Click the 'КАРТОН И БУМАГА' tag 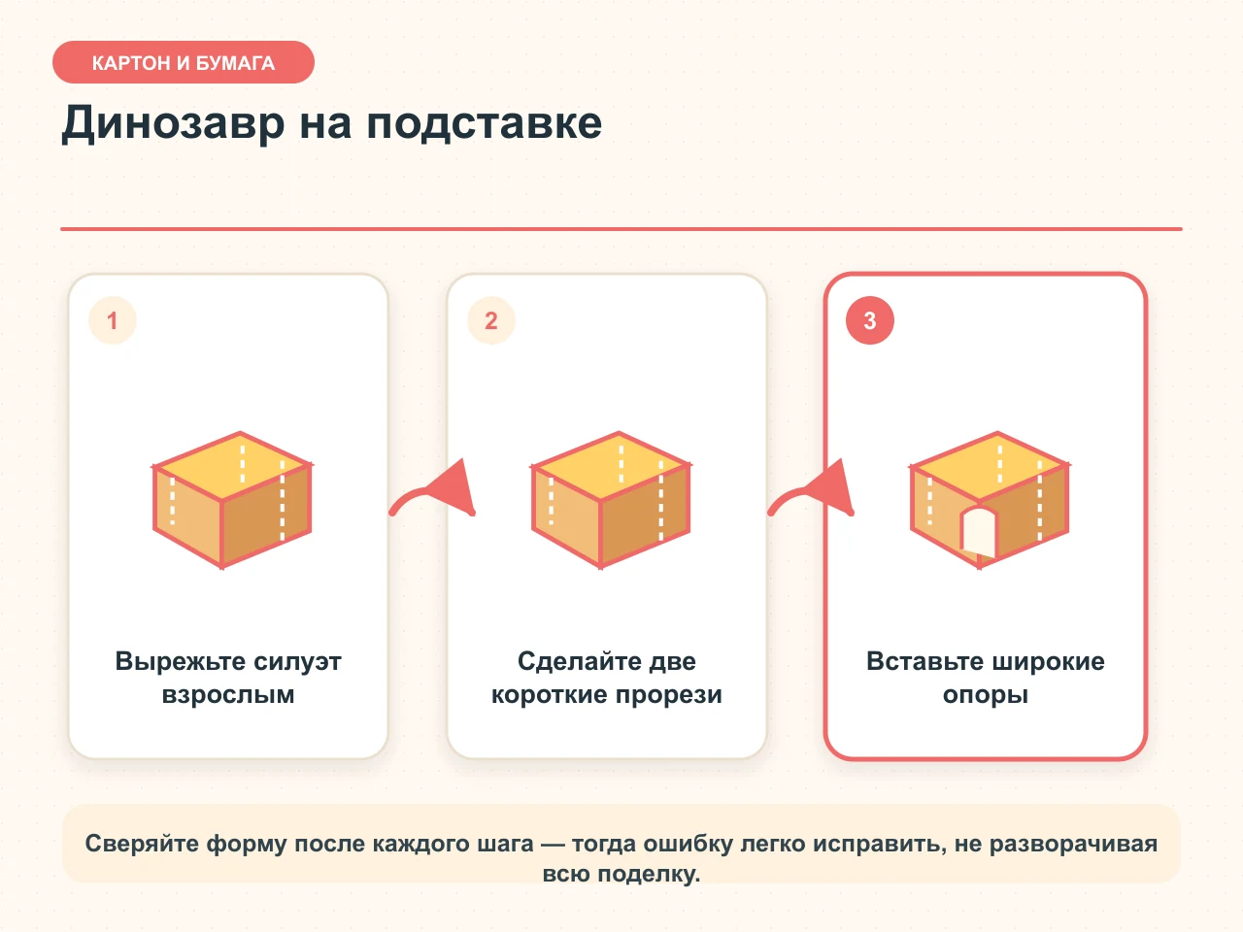point(183,62)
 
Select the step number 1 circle point(112,320)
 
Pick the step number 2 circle point(491,320)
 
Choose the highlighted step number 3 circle point(870,320)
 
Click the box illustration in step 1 point(232,500)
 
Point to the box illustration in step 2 point(611,500)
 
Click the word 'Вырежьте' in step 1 point(181,661)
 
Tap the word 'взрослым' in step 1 point(228,695)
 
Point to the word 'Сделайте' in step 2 point(571,661)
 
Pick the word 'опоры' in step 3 point(986,695)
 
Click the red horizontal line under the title point(621,229)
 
